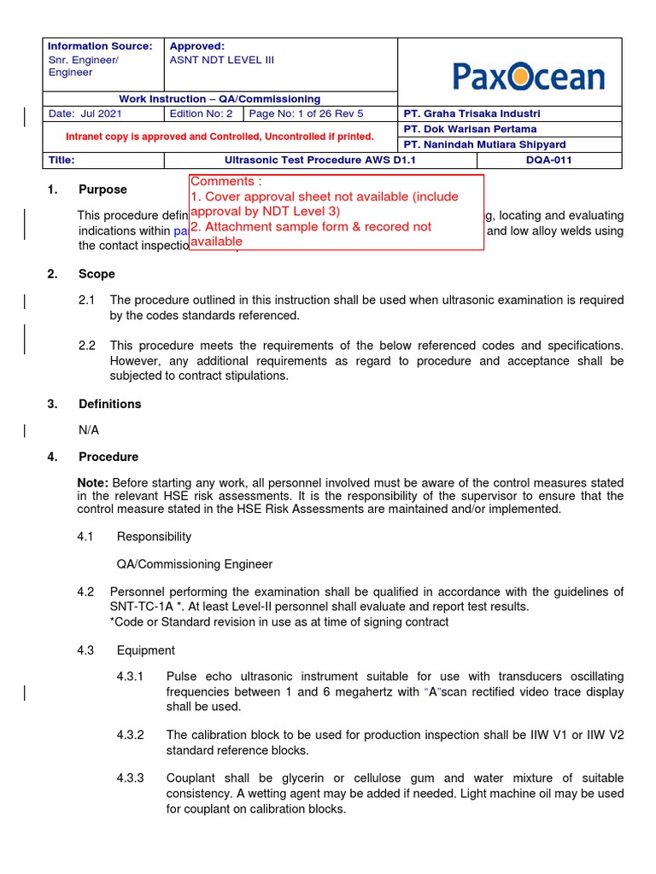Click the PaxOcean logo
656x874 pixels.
point(528,77)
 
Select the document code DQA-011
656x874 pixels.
point(549,160)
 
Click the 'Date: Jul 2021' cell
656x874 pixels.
point(85,114)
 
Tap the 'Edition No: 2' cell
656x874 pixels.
point(201,114)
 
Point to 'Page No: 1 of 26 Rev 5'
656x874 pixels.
point(306,114)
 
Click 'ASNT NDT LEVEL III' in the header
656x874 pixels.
point(222,60)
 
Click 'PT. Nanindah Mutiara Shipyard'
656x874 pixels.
point(483,144)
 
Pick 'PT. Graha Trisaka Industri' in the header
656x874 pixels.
point(471,114)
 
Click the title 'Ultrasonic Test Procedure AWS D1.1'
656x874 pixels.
point(319,160)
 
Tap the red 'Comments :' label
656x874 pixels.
point(222,182)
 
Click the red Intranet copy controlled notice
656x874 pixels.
point(220,137)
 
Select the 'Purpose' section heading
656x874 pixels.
point(102,189)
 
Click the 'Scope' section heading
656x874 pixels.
point(97,274)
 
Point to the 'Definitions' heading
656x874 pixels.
point(109,404)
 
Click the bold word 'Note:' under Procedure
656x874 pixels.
point(93,483)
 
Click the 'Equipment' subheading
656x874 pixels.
point(145,650)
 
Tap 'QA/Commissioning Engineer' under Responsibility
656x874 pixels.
point(194,564)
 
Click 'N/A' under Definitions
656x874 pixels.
point(89,430)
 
